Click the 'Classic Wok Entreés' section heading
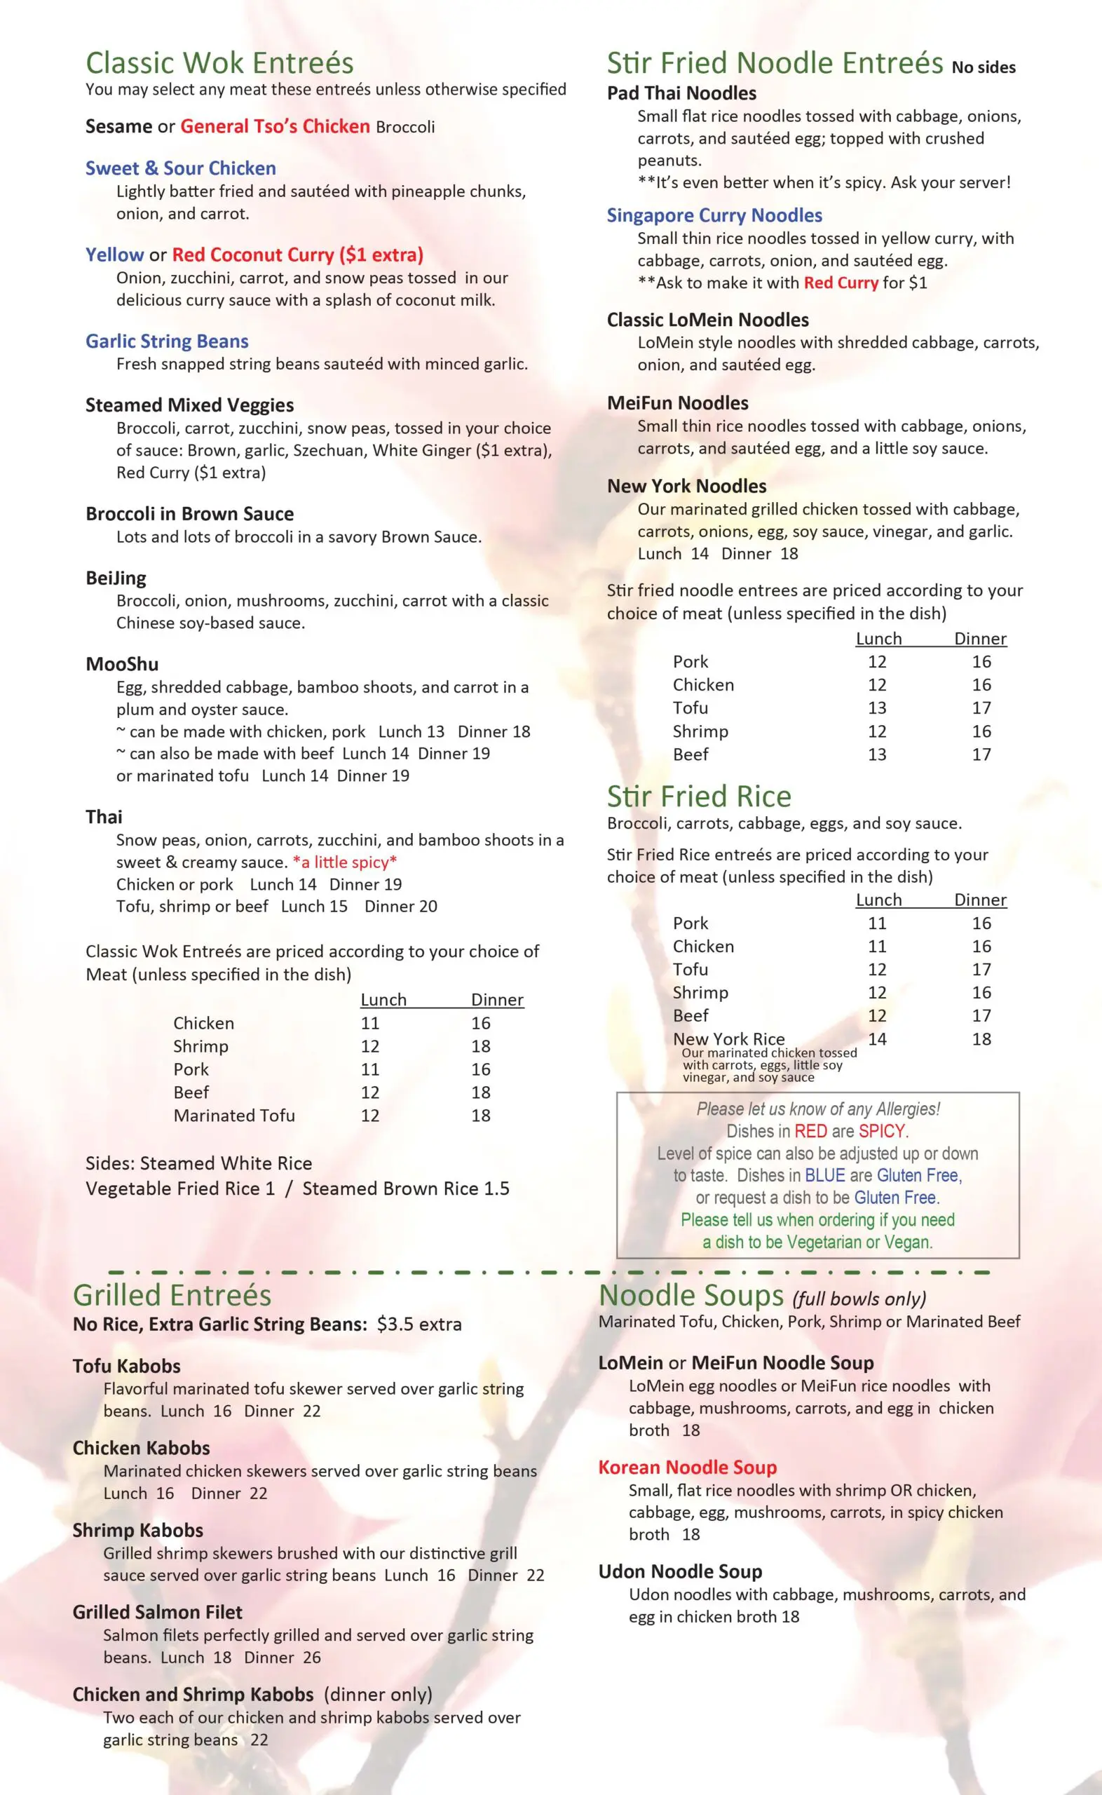pyautogui.click(x=219, y=63)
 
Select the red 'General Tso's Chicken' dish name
pyautogui.click(x=275, y=126)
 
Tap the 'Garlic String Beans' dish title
pyautogui.click(x=167, y=341)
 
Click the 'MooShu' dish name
pyautogui.click(x=122, y=664)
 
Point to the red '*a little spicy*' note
pyautogui.click(x=345, y=862)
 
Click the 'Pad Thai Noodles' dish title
pyautogui.click(x=681, y=93)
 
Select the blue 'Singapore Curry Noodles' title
pyautogui.click(x=714, y=215)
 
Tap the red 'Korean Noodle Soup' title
pyautogui.click(x=687, y=1467)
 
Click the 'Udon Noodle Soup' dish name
pyautogui.click(x=680, y=1571)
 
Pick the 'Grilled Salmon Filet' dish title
pyautogui.click(x=158, y=1612)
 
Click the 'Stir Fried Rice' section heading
pyautogui.click(x=699, y=796)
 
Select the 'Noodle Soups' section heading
pyautogui.click(x=691, y=1296)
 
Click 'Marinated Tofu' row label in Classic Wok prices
pyautogui.click(x=234, y=1115)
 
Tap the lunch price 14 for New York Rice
pyautogui.click(x=877, y=1038)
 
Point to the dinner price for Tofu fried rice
pyautogui.click(x=981, y=969)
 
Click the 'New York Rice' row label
pyautogui.click(x=729, y=1038)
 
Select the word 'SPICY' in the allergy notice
pyautogui.click(x=882, y=1131)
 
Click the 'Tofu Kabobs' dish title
pyautogui.click(x=126, y=1366)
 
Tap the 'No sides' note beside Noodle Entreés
pyautogui.click(x=984, y=68)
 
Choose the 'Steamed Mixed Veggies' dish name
pyautogui.click(x=189, y=405)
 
